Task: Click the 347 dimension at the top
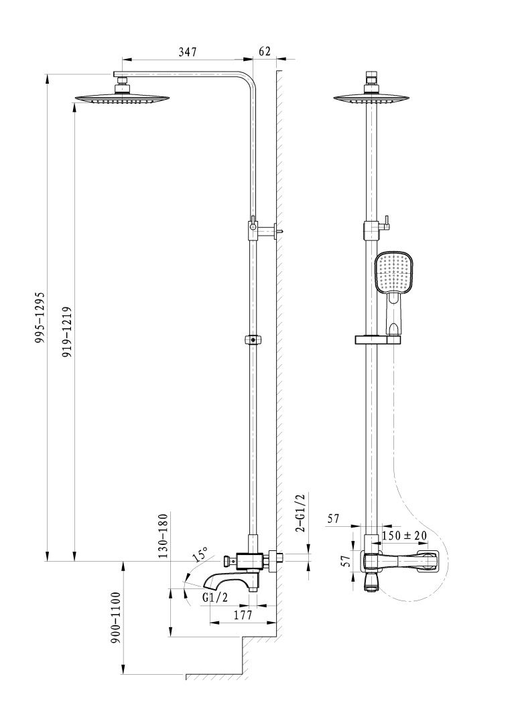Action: (x=187, y=53)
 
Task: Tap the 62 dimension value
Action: (x=264, y=51)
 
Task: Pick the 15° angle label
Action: (x=200, y=555)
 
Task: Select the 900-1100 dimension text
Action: (x=115, y=617)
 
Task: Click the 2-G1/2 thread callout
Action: (x=300, y=513)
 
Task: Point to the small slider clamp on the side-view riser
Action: (x=253, y=339)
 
